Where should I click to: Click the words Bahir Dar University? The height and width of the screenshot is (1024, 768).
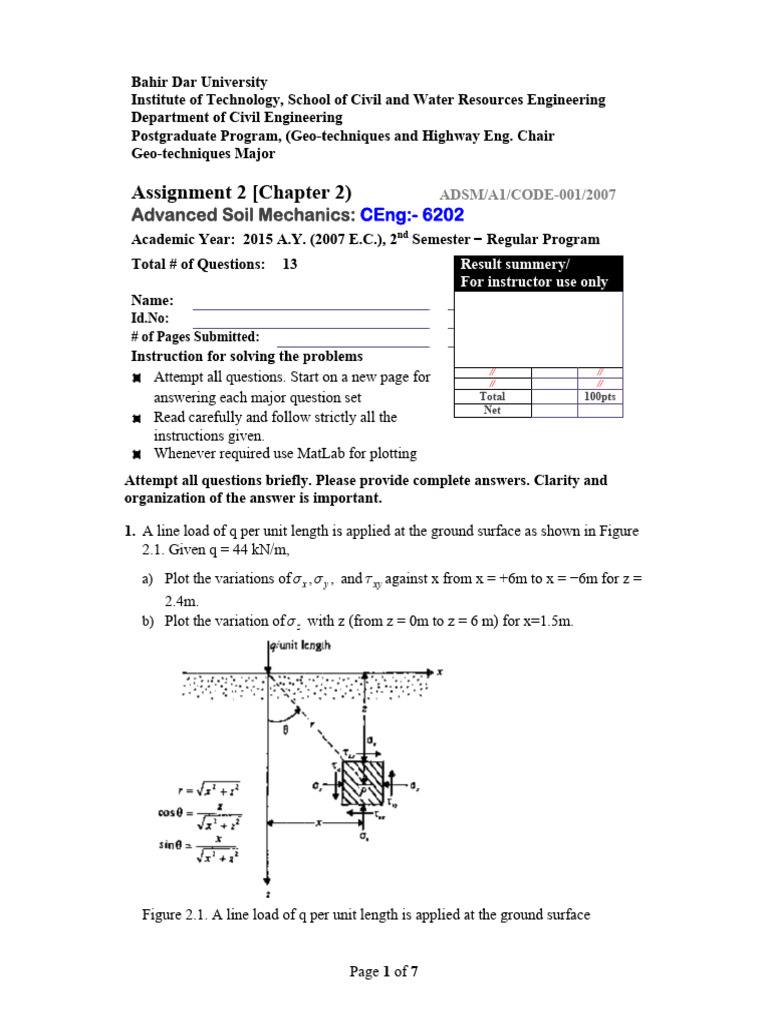[x=200, y=82]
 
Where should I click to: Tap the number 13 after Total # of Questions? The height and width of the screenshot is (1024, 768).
[x=291, y=264]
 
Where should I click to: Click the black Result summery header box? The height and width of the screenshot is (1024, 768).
[x=538, y=273]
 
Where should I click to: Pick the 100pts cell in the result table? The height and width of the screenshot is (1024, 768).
[x=600, y=397]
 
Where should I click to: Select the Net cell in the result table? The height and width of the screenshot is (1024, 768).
[x=492, y=410]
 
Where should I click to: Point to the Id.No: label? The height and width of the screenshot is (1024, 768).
[x=150, y=318]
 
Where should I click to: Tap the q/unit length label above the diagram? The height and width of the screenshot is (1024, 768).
[x=302, y=646]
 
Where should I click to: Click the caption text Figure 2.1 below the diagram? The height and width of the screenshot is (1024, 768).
[x=368, y=914]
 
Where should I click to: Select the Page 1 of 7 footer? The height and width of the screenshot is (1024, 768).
[x=383, y=973]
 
